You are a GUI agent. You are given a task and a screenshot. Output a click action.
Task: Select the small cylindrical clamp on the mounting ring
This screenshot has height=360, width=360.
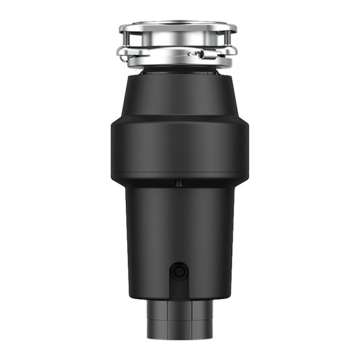tap(200, 53)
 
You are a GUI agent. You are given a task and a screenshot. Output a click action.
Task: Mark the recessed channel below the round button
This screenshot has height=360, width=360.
tap(178, 291)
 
